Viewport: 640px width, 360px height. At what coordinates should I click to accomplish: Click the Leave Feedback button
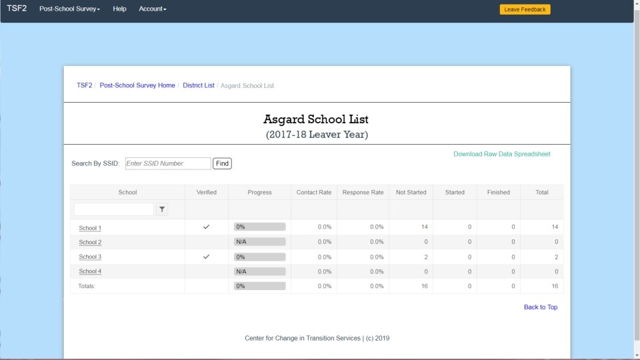525,9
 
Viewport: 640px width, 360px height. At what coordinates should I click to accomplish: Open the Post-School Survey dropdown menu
69,9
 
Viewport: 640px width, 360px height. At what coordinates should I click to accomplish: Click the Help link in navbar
119,9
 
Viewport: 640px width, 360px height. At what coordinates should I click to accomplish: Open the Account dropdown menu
152,9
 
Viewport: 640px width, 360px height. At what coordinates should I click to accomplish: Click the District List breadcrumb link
199,85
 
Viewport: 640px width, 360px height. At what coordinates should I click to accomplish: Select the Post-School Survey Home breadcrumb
137,85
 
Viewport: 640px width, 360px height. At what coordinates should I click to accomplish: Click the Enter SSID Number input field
168,163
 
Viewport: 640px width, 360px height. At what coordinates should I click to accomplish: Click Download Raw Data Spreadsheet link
501,154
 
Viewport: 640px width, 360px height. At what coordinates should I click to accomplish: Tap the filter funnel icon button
162,209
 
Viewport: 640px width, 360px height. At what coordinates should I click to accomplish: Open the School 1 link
90,228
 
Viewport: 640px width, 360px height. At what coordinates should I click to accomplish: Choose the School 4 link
90,271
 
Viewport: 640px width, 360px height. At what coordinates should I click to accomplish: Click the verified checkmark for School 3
207,257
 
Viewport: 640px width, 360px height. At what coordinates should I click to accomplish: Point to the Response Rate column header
363,193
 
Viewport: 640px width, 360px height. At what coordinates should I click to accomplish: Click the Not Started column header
411,193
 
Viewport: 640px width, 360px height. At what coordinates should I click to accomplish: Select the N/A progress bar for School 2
259,242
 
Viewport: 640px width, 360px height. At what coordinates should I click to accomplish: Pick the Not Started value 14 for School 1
424,227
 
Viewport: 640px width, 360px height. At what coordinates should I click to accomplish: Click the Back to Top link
540,307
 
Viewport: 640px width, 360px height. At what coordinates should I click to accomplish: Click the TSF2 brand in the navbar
17,9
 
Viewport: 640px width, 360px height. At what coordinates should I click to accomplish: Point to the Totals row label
87,286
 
